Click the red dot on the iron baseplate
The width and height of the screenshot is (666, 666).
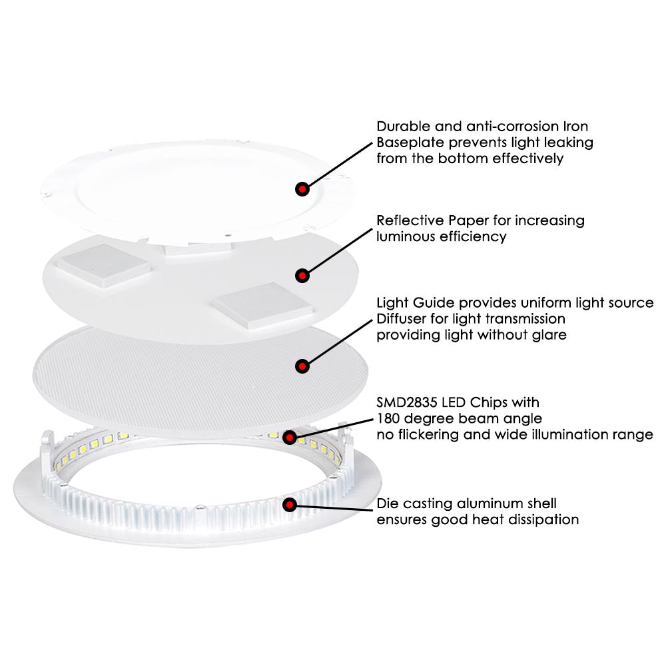coord(302,189)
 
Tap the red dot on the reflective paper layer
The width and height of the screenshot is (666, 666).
coord(302,274)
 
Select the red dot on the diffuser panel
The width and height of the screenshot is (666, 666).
coord(302,365)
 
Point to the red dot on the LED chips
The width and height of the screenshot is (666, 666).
coord(290,437)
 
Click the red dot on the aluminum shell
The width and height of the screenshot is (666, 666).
coord(290,504)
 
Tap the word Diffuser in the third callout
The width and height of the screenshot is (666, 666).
coord(402,319)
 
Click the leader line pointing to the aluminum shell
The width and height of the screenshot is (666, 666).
coord(333,507)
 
